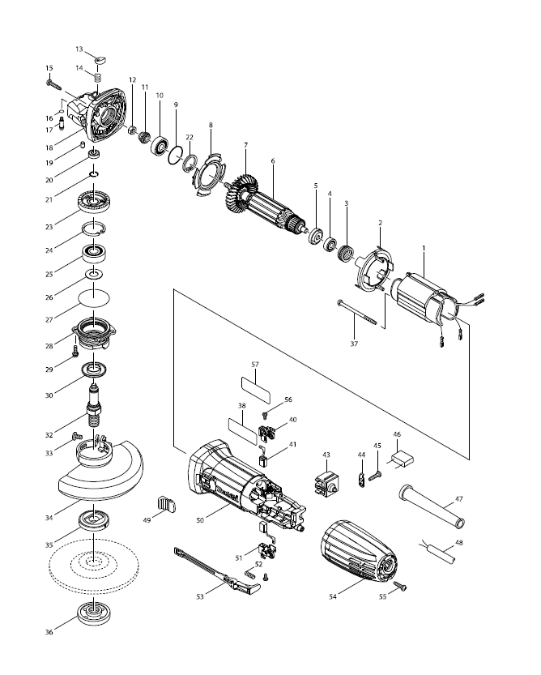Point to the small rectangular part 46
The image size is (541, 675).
point(402,460)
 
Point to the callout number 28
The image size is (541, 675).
point(49,346)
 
